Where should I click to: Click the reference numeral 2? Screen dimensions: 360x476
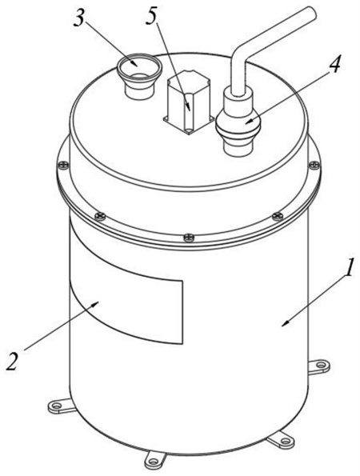[12, 361]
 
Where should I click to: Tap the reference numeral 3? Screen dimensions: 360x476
[80, 18]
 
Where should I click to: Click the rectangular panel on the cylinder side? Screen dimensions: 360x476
[126, 300]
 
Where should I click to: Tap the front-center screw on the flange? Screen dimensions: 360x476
[189, 238]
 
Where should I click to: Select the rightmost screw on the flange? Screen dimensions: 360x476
[314, 165]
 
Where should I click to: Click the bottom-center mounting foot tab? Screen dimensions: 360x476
[155, 461]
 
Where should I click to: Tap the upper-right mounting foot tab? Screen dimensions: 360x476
[318, 366]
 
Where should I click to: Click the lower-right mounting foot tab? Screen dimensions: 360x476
[281, 440]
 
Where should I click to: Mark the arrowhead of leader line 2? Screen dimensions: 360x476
[95, 303]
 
